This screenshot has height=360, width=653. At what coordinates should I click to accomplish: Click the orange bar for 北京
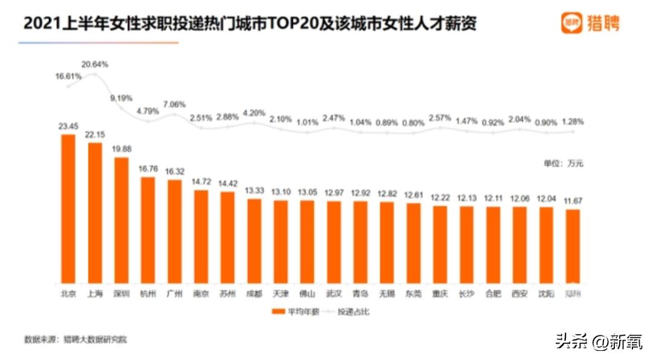68,209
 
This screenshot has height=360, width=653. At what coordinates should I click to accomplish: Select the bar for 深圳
122,220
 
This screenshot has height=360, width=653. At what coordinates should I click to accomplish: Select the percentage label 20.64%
94,64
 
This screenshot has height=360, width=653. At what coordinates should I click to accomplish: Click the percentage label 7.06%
174,104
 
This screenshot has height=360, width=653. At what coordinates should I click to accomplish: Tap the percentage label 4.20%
254,112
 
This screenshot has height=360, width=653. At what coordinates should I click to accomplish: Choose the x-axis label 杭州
148,294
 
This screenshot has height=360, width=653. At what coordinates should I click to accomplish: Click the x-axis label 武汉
334,294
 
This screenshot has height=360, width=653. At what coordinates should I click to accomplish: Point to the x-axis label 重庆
440,294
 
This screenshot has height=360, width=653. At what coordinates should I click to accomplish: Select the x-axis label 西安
519,294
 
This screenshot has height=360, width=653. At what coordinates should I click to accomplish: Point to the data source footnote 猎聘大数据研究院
96,339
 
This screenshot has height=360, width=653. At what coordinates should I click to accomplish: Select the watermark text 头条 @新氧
599,341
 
